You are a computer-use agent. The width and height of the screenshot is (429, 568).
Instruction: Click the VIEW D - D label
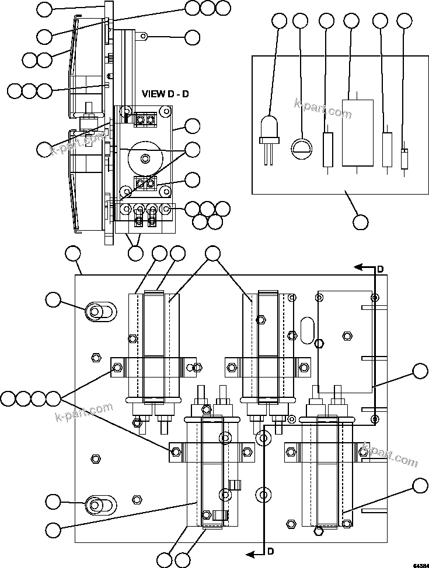165,94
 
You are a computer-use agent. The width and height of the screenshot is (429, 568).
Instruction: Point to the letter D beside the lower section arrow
271,551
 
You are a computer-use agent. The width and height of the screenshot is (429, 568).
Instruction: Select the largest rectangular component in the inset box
357,133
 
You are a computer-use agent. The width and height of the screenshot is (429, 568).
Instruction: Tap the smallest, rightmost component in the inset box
404,159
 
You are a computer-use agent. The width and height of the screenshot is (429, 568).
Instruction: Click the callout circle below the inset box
361,222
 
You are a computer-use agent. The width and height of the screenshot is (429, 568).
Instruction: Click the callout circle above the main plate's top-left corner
73,253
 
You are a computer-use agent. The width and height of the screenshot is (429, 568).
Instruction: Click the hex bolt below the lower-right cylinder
319,530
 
